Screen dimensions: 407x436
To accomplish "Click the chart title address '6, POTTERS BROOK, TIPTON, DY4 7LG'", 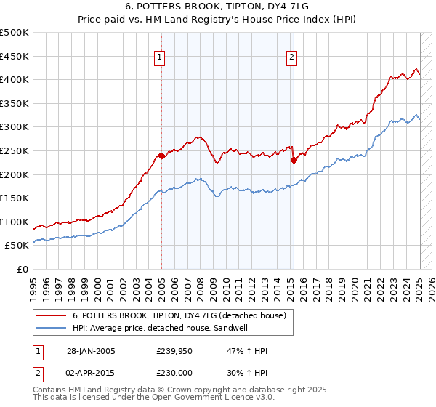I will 217,7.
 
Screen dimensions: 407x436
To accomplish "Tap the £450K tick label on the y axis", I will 15,56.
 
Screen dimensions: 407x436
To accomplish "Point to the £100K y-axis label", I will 15,222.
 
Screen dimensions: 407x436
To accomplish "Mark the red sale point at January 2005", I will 161,156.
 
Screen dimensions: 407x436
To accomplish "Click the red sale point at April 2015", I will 293,160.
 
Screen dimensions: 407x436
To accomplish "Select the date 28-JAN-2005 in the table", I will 91,351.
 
